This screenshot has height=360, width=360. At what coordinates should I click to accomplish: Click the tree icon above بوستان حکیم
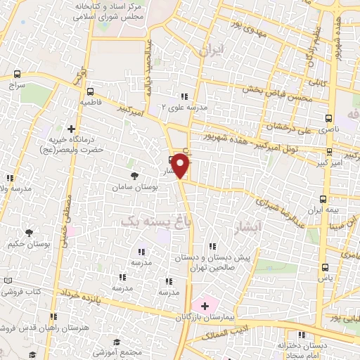coord(29,233)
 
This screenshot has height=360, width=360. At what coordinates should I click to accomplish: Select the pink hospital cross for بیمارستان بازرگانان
coord(205,306)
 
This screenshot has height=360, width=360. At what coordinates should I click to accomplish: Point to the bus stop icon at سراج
coord(17,74)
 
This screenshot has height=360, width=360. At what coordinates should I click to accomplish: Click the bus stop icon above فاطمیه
coord(89,91)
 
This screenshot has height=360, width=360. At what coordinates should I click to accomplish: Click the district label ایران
coord(210,51)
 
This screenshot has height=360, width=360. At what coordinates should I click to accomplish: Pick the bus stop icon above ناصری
coord(328,118)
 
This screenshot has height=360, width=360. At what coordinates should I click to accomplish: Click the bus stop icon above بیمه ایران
coord(323,198)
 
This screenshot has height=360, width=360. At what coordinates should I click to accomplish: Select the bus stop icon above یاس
coord(325,266)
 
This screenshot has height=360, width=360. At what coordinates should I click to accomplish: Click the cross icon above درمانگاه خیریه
coord(71,129)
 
